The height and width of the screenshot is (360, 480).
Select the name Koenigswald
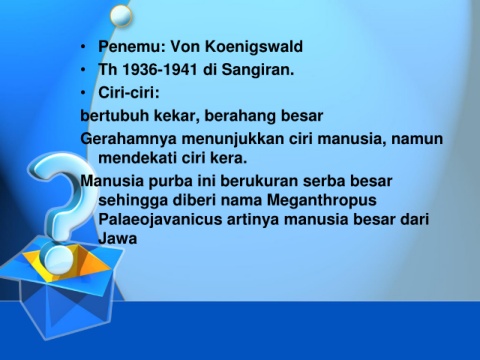click(x=254, y=46)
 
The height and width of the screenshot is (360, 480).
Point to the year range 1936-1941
click(x=160, y=70)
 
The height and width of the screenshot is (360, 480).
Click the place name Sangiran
click(x=258, y=70)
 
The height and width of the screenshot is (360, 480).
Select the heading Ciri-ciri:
click(x=129, y=92)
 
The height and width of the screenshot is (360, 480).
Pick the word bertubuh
click(x=115, y=116)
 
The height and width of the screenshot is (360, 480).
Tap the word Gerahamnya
click(x=128, y=139)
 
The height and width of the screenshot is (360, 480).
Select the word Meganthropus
click(x=322, y=201)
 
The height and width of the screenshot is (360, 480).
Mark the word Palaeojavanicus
click(x=160, y=220)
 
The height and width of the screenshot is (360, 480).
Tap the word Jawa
click(x=118, y=239)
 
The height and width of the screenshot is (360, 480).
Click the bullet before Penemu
click(x=83, y=47)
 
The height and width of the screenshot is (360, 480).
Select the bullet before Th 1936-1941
click(x=83, y=70)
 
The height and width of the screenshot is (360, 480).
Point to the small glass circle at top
click(x=121, y=16)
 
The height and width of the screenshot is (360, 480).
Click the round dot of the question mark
click(x=59, y=260)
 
